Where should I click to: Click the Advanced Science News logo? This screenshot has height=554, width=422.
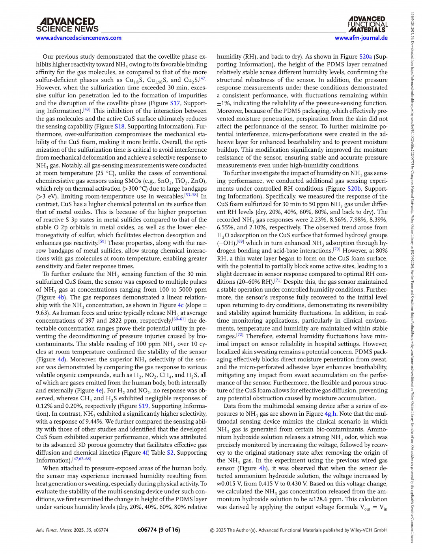[67, 25]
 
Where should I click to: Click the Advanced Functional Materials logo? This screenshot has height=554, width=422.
[367, 24]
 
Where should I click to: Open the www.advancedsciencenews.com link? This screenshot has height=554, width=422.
[78, 38]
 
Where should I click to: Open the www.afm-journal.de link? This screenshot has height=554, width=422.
[361, 38]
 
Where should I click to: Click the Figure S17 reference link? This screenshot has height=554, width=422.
[175, 103]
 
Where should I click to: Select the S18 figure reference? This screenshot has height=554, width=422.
[120, 126]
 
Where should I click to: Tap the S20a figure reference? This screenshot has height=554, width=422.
[365, 57]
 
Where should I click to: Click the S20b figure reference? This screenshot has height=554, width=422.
[354, 189]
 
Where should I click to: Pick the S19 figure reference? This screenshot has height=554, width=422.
[143, 406]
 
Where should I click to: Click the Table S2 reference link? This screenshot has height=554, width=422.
[170, 453]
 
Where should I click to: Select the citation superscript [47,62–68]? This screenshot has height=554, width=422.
[82, 459]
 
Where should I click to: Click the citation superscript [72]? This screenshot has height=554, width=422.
[240, 335]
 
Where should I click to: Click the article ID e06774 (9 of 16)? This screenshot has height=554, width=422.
[159, 530]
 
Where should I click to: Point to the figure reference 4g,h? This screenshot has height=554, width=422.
[331, 414]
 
